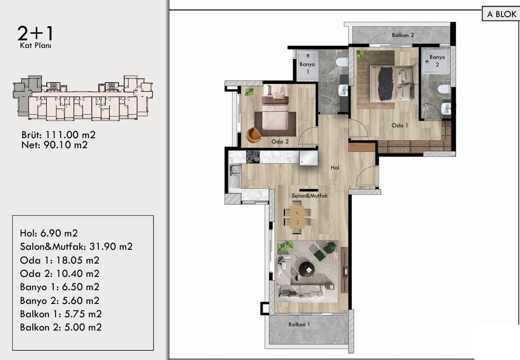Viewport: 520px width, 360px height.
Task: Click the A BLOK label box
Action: pyautogui.click(x=501, y=14)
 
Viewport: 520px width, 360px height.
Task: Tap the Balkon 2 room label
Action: pyautogui.click(x=403, y=35)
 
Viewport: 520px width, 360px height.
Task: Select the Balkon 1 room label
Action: pyautogui.click(x=299, y=324)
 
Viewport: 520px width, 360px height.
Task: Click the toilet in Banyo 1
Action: pyautogui.click(x=341, y=62)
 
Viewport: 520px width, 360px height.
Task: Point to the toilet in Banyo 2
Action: pyautogui.click(x=444, y=89)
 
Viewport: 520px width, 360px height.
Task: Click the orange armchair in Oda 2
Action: pyautogui.click(x=254, y=135)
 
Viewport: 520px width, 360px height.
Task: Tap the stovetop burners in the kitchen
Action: pyautogui.click(x=253, y=157)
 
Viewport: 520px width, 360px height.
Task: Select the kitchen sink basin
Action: pyautogui.click(x=235, y=176)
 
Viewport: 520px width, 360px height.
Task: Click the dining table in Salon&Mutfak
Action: pyautogui.click(x=297, y=218)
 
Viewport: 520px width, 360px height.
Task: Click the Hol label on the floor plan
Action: pyautogui.click(x=335, y=168)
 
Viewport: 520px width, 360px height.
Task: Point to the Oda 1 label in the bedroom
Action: pyautogui.click(x=400, y=125)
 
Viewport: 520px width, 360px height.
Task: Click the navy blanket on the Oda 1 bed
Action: pyautogui.click(x=386, y=84)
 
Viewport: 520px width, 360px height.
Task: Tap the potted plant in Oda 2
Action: pyautogui.click(x=249, y=92)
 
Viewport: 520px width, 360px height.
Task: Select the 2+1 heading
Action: pyautogui.click(x=35, y=33)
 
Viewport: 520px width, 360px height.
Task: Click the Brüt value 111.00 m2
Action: pyautogui.click(x=70, y=135)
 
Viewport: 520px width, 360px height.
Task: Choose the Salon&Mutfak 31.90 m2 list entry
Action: pyautogui.click(x=76, y=246)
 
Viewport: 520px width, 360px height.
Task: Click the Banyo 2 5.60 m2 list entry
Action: pyautogui.click(x=60, y=301)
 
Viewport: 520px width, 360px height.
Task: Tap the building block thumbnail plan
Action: pyautogui.click(x=83, y=98)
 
